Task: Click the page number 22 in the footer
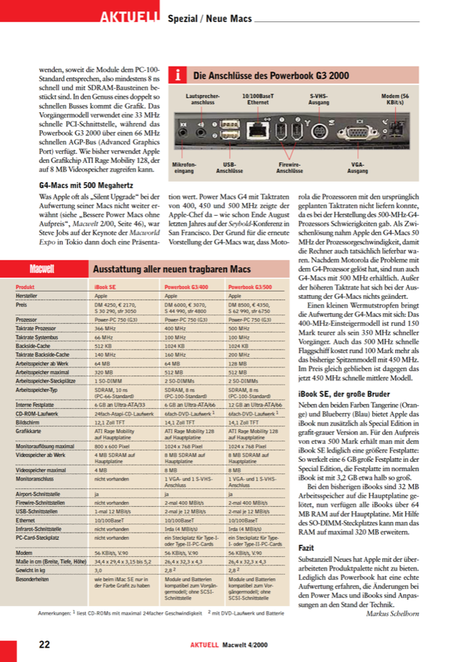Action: pyautogui.click(x=44, y=643)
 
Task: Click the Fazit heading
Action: pyautogui.click(x=306, y=545)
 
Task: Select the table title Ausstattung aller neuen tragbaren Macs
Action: pyautogui.click(x=172, y=270)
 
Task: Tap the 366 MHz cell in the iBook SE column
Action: pyautogui.click(x=104, y=327)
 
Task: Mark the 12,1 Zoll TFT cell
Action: pyautogui.click(x=109, y=423)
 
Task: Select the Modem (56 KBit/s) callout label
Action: pyautogui.click(x=394, y=99)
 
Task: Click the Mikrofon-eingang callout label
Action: pyautogui.click(x=184, y=168)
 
